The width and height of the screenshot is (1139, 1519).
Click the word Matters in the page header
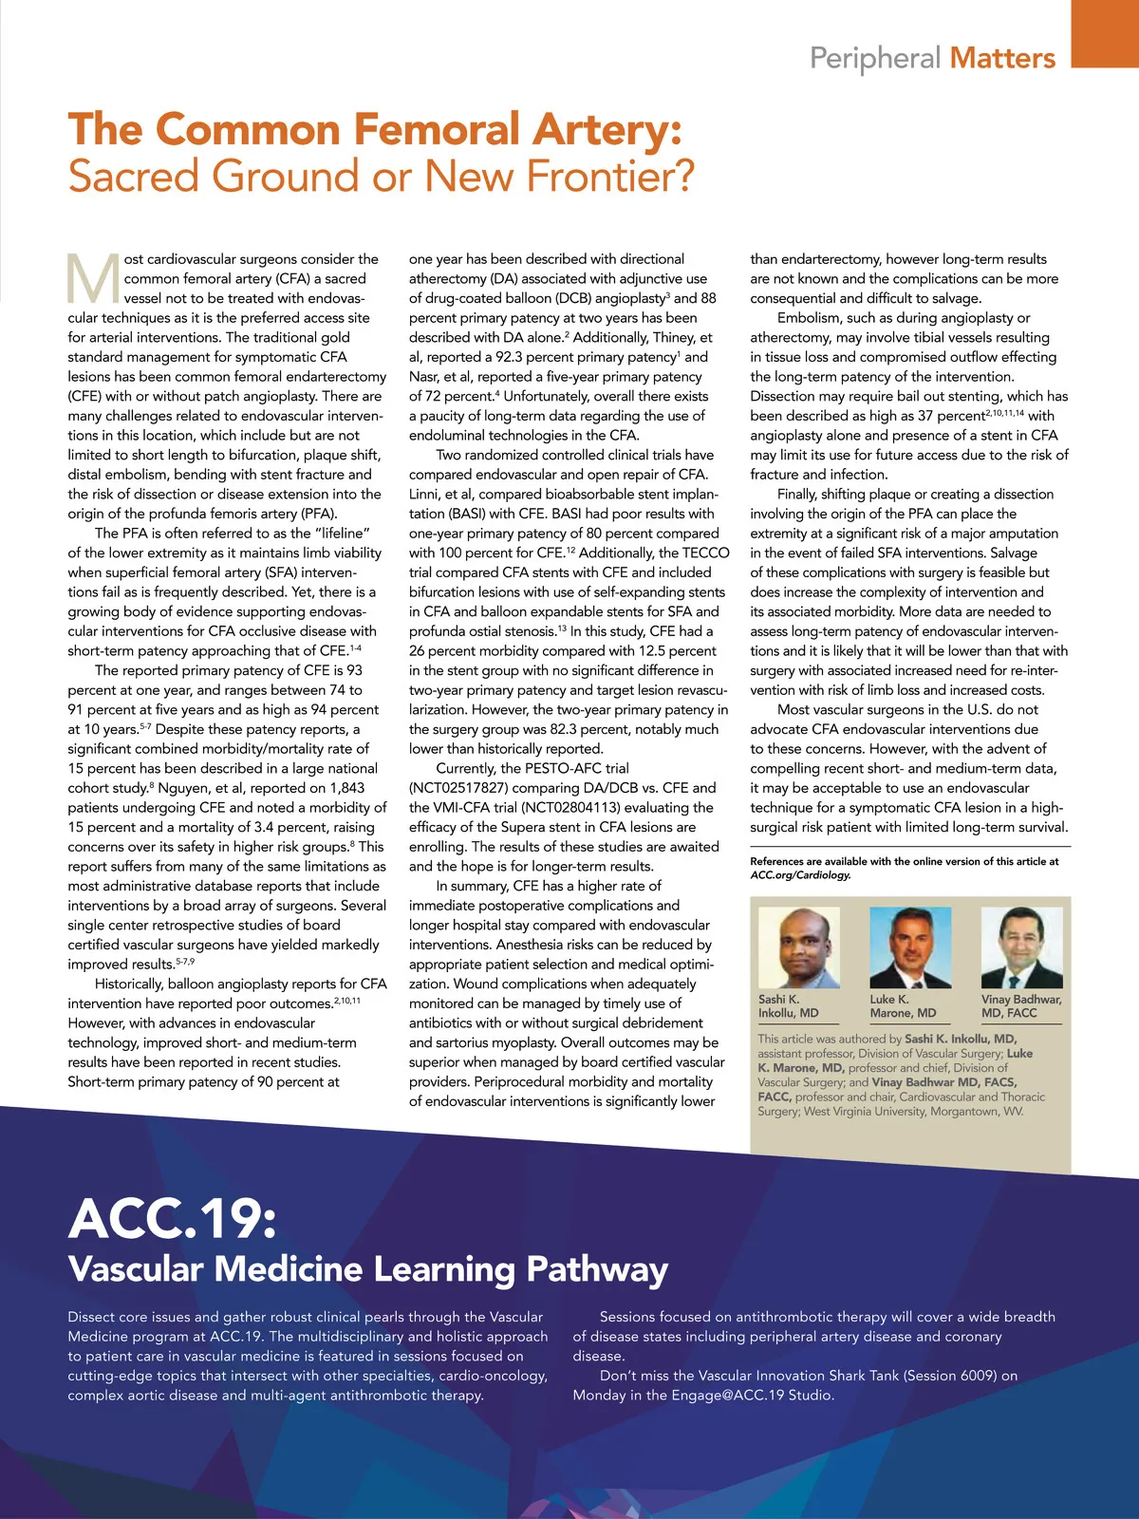pos(1002,58)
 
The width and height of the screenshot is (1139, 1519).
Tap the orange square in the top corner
pos(1105,33)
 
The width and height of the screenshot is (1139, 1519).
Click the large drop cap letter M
pos(93,278)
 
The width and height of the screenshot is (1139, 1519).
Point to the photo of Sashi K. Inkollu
pos(798,947)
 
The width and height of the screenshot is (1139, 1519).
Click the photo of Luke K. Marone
pos(910,947)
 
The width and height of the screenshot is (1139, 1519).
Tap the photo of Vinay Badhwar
pos(1021,947)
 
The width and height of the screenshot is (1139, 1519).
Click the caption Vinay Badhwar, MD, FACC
pos(1020,1006)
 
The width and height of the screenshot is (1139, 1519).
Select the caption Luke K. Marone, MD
pos(903,1006)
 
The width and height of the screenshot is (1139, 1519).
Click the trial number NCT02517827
pos(459,788)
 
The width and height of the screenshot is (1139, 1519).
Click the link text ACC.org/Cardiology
pos(800,874)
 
